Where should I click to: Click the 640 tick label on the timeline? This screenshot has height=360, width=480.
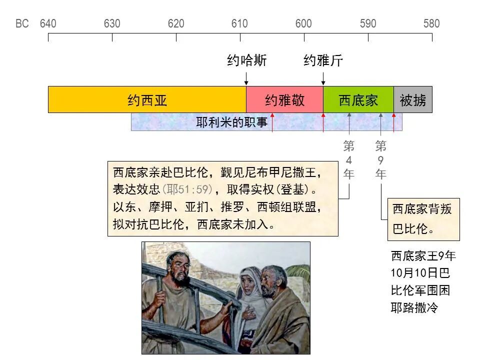pyautogui.click(x=48, y=23)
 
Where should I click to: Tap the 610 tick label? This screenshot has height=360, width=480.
pyautogui.click(x=239, y=23)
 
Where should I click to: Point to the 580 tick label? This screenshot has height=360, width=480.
pyautogui.click(x=431, y=23)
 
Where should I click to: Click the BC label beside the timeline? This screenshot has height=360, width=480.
pyautogui.click(x=22, y=23)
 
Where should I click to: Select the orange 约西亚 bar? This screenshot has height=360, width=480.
pyautogui.click(x=147, y=100)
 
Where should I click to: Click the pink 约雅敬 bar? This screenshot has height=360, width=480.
pyautogui.click(x=284, y=100)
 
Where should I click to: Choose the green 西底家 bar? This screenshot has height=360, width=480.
pyautogui.click(x=358, y=100)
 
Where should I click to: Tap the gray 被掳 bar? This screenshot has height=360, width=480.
pyautogui.click(x=413, y=100)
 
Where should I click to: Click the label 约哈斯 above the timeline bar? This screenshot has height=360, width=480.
pyautogui.click(x=246, y=61)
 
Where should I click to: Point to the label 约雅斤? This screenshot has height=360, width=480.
pyautogui.click(x=323, y=61)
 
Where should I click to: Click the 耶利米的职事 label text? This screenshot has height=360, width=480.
pyautogui.click(x=231, y=122)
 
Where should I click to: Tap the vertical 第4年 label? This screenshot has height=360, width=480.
pyautogui.click(x=349, y=160)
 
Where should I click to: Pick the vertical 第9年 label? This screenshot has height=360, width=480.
pyautogui.click(x=381, y=160)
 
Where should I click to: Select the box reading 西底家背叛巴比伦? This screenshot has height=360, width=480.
pyautogui.click(x=423, y=219)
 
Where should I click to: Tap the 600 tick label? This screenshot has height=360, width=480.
pyautogui.click(x=303, y=23)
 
